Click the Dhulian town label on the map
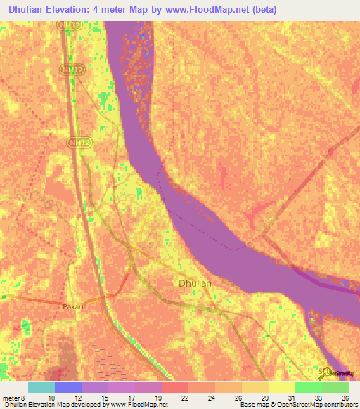tap(193, 283)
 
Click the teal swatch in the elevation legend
tap(41, 388)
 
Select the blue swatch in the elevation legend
tap(68, 388)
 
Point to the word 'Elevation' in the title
tap(66, 9)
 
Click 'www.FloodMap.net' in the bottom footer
tap(138, 405)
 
